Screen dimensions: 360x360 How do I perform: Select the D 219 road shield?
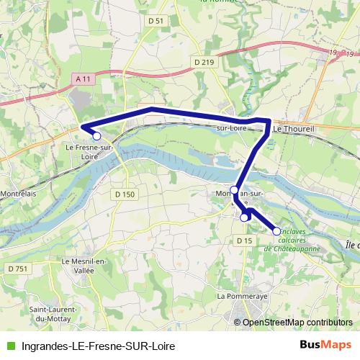(204, 63)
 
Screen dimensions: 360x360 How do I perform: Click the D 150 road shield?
(124, 194)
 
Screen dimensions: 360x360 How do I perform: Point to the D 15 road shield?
(245, 240)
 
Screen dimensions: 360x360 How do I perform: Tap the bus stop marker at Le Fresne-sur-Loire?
(96, 135)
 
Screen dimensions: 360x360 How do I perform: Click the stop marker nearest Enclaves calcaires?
(276, 230)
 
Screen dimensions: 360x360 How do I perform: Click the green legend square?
(12, 345)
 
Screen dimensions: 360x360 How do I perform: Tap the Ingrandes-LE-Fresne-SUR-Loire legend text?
(99, 345)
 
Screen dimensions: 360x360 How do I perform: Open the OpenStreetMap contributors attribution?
(297, 323)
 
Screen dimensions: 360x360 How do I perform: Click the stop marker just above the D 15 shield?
(244, 217)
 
